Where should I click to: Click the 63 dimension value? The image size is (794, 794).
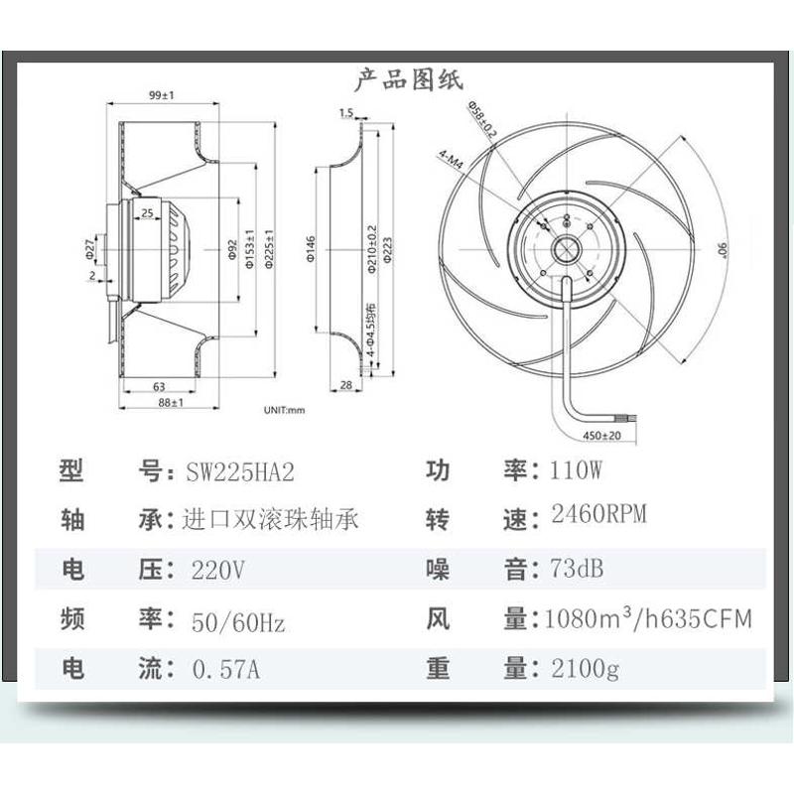(159, 387)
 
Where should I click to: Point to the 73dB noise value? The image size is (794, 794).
(576, 569)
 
